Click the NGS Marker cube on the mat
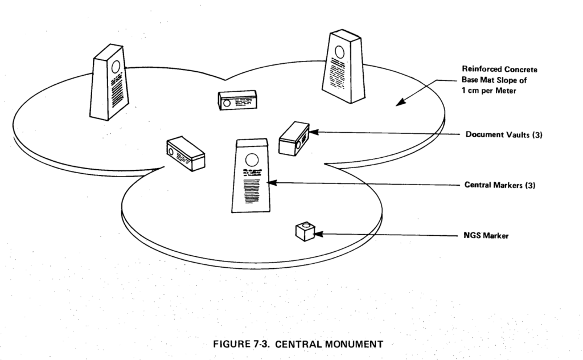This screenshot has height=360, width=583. pyautogui.click(x=306, y=231)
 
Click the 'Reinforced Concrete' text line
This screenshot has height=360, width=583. pyautogui.click(x=500, y=69)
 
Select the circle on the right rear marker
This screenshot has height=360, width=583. pyautogui.click(x=339, y=52)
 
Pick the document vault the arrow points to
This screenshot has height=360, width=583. pyautogui.click(x=294, y=137)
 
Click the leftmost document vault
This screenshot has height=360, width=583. pyautogui.click(x=185, y=153)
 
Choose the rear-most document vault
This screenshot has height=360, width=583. pyautogui.click(x=237, y=100)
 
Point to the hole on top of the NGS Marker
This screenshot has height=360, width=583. pyautogui.click(x=307, y=226)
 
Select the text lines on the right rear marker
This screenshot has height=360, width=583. pyautogui.click(x=338, y=76)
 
